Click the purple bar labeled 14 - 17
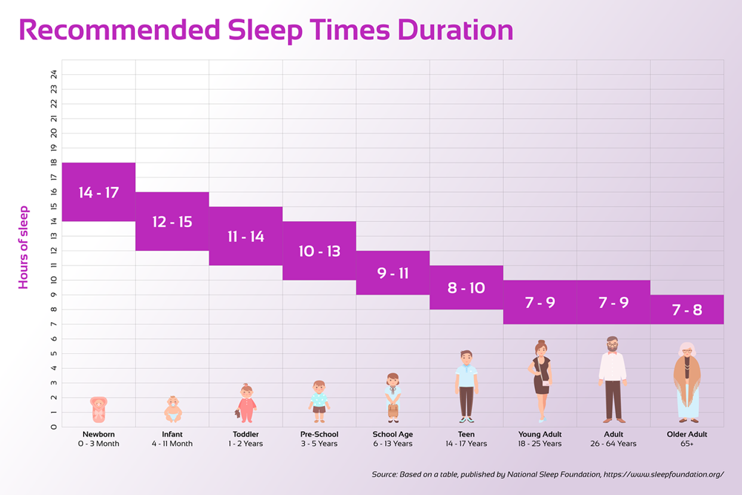coord(98,192)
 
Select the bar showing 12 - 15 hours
coord(171,221)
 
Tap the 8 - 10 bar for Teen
coord(466,287)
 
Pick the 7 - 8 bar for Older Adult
coord(686,309)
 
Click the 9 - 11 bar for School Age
coord(393,273)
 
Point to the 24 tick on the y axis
coord(53,74)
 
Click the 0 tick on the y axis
coord(53,427)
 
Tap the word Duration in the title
coord(455,30)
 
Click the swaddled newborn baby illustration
coord(99,410)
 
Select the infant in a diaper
coord(172,409)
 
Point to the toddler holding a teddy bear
coord(246,404)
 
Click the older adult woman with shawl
coord(687,382)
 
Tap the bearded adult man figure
coord(613,379)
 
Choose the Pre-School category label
coord(319,434)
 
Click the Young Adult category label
coord(540,434)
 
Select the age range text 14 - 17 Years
coord(466,444)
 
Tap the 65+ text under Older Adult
coord(686,444)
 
